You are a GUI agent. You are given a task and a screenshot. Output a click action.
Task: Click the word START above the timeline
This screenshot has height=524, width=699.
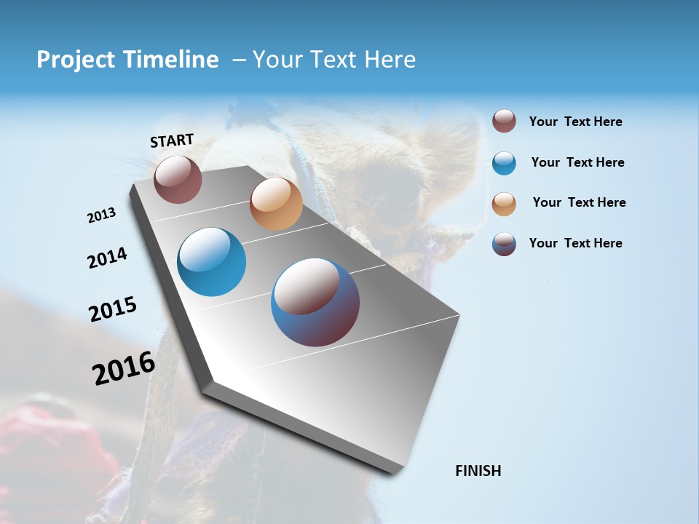[172, 140]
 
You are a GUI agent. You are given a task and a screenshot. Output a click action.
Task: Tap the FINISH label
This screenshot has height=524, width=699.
[478, 471]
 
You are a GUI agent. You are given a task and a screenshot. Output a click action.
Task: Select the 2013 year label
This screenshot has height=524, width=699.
[101, 215]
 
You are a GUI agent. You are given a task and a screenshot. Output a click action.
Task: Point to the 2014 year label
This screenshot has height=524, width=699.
[107, 258]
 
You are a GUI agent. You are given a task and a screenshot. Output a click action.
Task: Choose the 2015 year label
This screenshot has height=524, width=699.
[113, 309]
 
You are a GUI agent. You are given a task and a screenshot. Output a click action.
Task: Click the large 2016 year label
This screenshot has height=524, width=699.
[124, 368]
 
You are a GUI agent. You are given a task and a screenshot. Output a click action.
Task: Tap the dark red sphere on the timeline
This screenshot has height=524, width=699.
[178, 179]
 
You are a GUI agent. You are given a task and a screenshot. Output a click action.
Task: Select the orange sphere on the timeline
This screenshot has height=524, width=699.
[276, 204]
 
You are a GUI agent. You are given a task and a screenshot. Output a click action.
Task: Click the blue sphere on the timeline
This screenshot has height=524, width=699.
[211, 262]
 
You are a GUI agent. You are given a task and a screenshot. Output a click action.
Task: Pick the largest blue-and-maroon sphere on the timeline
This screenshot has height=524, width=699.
[315, 302]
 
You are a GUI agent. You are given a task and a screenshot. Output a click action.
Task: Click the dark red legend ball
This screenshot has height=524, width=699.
[504, 121]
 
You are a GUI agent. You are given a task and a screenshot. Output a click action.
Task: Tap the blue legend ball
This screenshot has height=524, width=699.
[504, 163]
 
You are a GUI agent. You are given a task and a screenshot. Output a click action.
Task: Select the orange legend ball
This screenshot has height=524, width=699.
[504, 204]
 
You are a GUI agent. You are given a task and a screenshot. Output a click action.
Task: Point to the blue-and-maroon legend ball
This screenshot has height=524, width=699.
[504, 244]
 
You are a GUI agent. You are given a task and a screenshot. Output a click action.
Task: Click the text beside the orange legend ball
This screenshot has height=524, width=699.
[579, 202]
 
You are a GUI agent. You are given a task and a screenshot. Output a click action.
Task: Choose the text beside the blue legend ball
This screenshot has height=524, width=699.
[577, 162]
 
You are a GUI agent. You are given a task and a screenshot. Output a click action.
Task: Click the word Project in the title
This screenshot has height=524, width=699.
[76, 60]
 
